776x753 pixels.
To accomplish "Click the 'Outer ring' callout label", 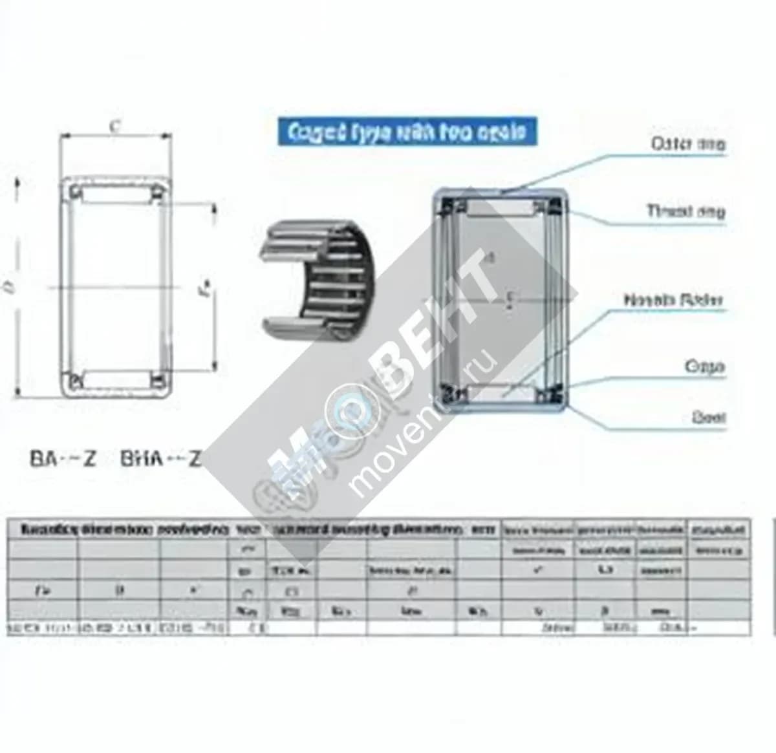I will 687,143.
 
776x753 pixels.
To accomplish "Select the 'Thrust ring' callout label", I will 685,211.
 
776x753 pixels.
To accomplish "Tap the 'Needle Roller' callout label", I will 673,300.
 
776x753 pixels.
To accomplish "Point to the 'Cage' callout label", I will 704,366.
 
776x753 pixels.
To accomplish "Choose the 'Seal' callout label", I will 708,418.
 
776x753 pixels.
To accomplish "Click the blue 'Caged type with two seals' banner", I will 407,132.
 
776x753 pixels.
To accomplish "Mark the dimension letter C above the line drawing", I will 114,127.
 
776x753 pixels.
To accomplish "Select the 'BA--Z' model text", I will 63,459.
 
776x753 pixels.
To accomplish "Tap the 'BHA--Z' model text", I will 160,459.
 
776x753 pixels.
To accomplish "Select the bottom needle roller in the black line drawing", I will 116,379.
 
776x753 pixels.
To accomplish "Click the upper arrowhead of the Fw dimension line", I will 214,209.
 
